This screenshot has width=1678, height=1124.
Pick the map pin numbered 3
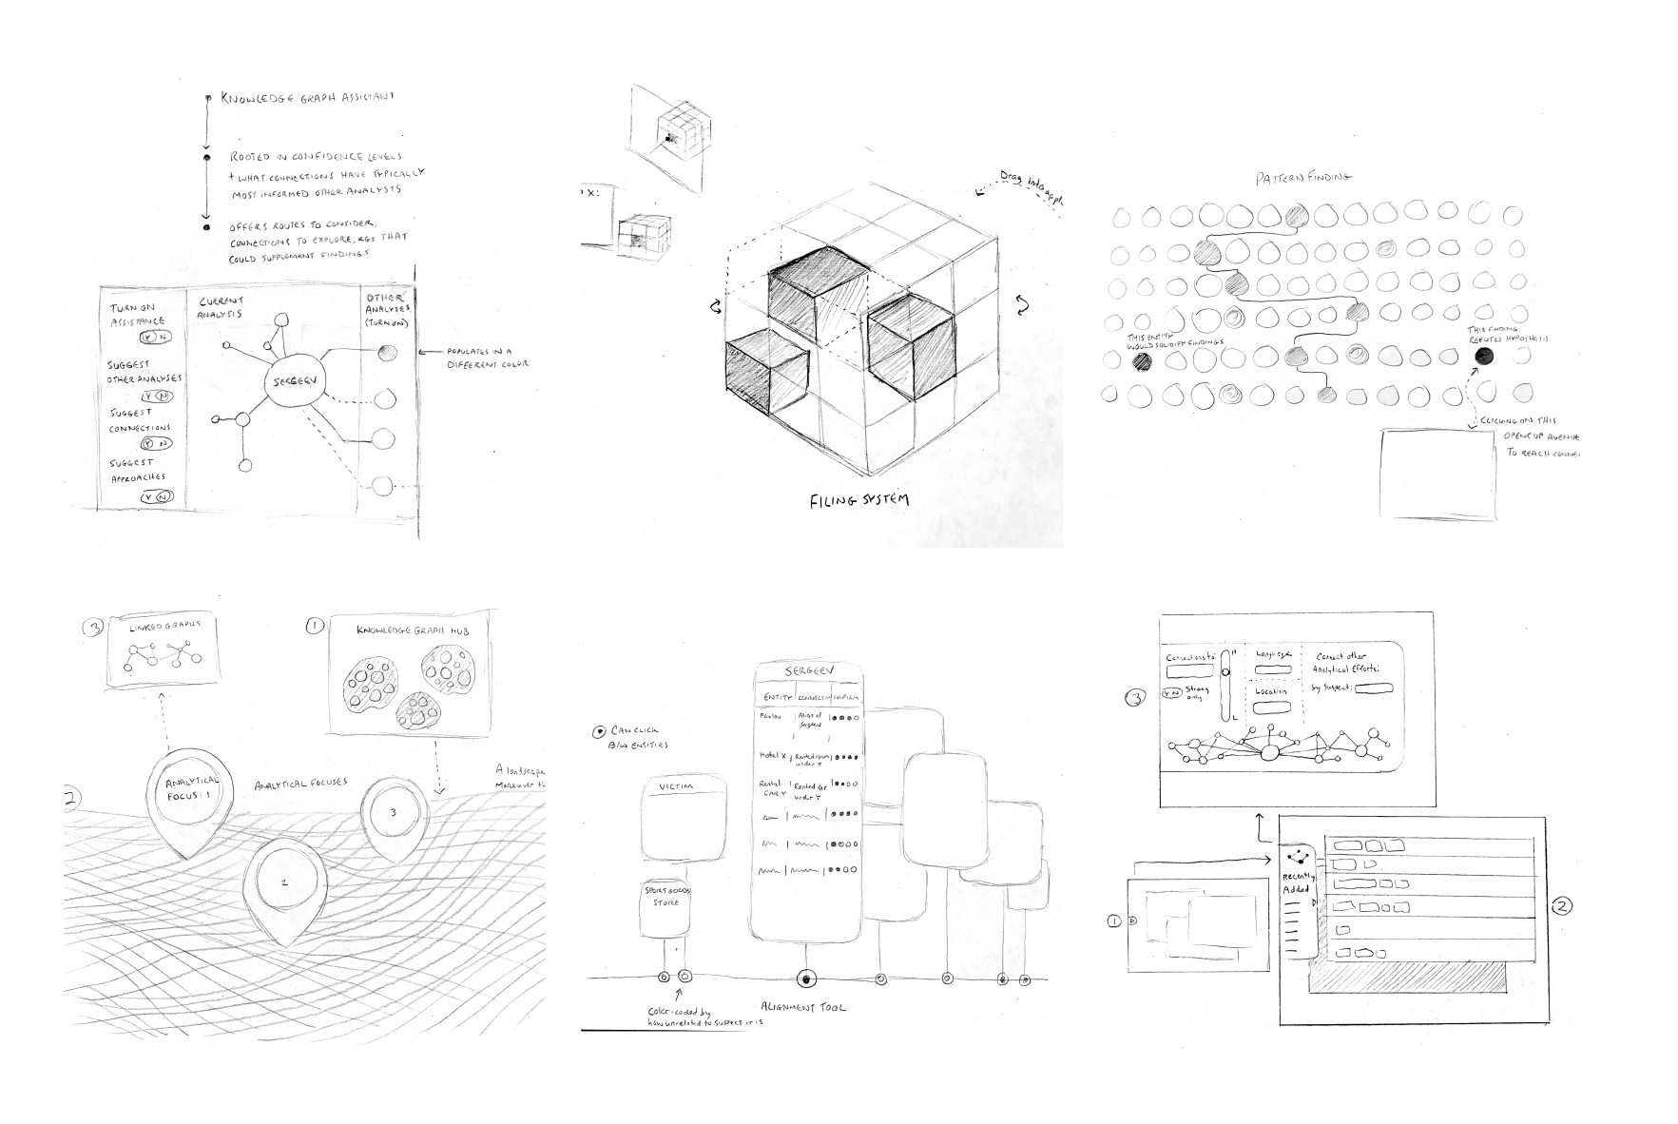pos(394,813)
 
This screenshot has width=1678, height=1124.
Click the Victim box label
pos(684,787)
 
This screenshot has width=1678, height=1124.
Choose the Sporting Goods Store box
pos(666,896)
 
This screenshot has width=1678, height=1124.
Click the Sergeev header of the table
pos(808,672)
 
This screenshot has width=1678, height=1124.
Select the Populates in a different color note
pos(487,358)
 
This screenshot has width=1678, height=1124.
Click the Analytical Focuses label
pos(299,784)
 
